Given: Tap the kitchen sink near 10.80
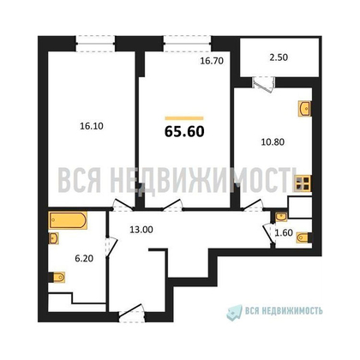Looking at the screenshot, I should (304, 109).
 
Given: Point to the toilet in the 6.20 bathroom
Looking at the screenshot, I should (56, 276).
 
